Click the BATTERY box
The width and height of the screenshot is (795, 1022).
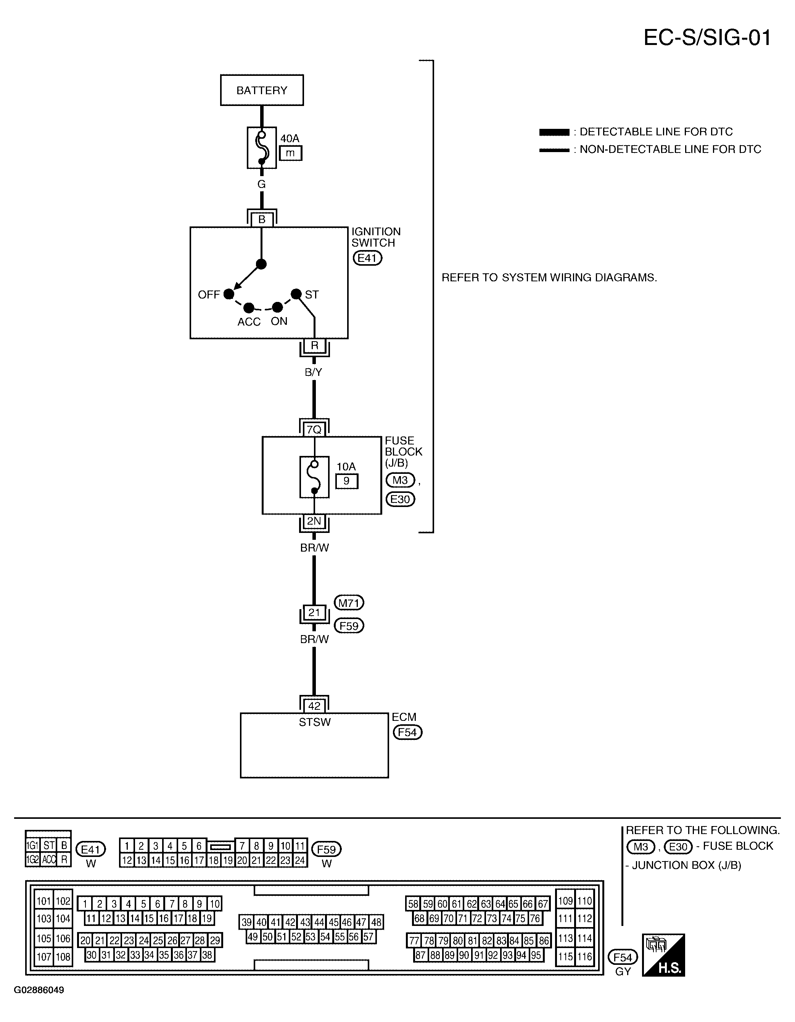tap(262, 90)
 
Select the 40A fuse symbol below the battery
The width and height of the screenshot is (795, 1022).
tap(261, 148)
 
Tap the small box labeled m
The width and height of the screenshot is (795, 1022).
tap(290, 153)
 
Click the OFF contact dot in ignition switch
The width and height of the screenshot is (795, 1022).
tap(229, 294)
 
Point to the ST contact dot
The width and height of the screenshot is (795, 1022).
tap(296, 294)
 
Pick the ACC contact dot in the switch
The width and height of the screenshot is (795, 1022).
tap(249, 308)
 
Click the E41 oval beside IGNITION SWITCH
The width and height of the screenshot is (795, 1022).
tap(367, 258)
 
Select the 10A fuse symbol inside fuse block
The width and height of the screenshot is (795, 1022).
tap(314, 477)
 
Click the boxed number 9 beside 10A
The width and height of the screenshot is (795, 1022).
tap(346, 481)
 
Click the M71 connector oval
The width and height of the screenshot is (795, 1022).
tap(349, 603)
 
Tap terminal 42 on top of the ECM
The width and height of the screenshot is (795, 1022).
tap(314, 706)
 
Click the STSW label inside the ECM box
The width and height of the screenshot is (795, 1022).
tap(315, 722)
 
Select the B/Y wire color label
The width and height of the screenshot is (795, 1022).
tap(314, 372)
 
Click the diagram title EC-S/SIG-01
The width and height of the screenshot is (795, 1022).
tap(707, 37)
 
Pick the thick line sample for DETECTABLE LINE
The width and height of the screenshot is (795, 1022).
tap(554, 132)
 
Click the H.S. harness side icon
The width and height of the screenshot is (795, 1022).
tap(663, 955)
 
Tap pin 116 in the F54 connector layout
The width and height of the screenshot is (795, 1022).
tap(584, 957)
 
